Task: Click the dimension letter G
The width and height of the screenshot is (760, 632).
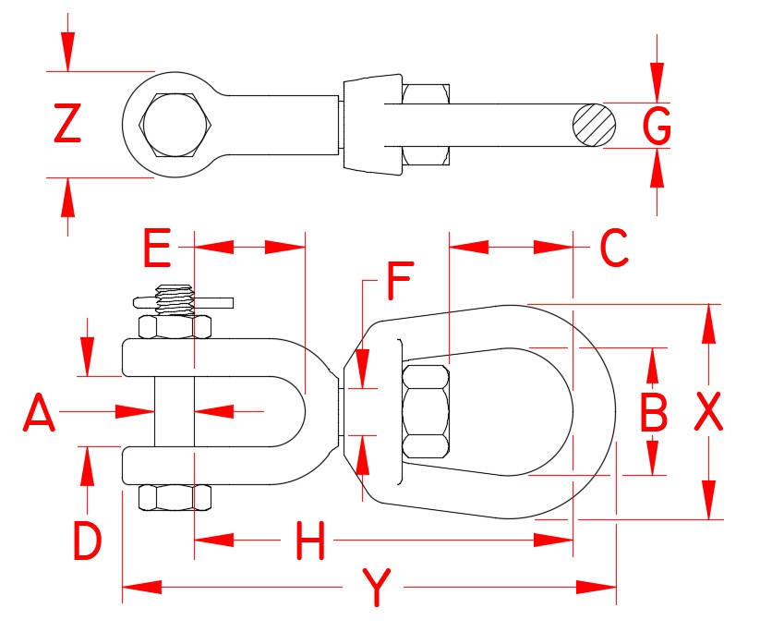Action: pos(657,126)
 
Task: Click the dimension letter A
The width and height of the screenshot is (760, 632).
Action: pos(39,412)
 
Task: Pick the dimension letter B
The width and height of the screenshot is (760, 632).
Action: pos(653,412)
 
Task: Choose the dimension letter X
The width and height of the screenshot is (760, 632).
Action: pos(708,412)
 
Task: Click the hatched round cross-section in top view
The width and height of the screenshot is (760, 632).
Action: pos(593,125)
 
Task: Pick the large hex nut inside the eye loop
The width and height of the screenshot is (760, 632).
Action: pos(427,412)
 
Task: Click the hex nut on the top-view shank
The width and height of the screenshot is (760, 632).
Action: pos(427,125)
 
